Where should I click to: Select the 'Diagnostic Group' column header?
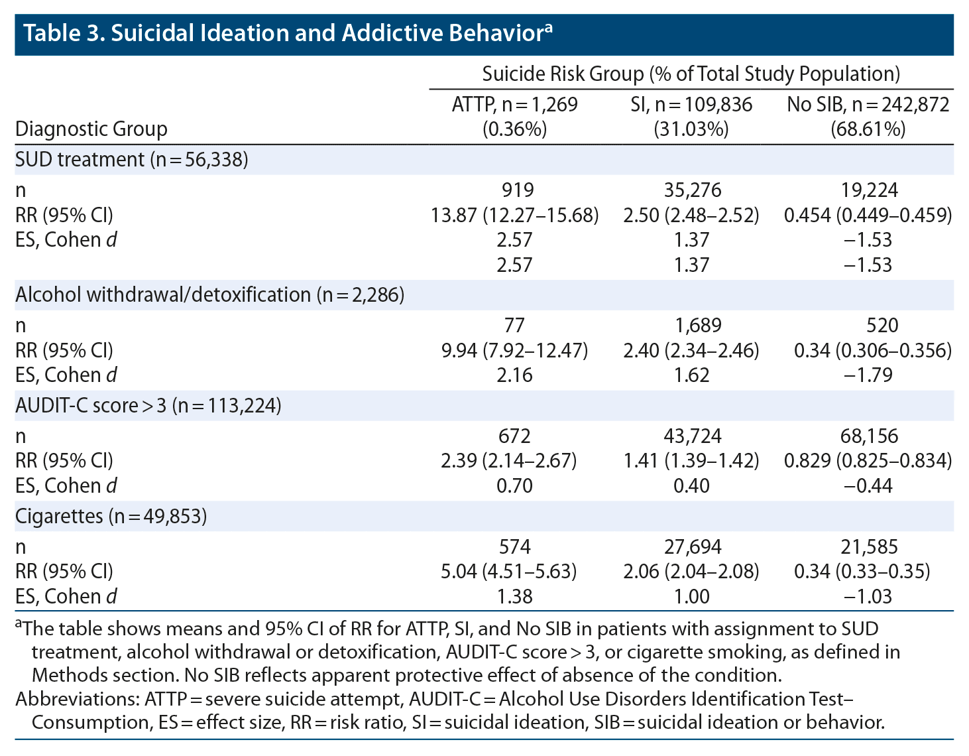[x=91, y=128]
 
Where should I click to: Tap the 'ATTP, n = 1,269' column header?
[x=514, y=104]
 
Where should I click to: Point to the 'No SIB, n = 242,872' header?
[x=868, y=104]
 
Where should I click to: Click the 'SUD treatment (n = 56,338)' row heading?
[x=132, y=160]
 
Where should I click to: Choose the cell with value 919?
[x=514, y=190]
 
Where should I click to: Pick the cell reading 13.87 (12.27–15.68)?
[x=514, y=215]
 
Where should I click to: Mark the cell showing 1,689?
[x=691, y=325]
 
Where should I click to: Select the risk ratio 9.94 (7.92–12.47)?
[x=514, y=350]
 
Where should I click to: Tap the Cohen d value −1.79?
[x=868, y=375]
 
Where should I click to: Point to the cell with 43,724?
[x=691, y=436]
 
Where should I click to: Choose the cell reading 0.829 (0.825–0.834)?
[x=868, y=460]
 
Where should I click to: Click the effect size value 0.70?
[x=514, y=485]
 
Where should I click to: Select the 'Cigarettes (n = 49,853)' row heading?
[x=111, y=516]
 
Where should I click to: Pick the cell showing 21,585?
[x=868, y=546]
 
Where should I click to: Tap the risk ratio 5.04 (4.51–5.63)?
[x=514, y=571]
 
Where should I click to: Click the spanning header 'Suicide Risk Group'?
[x=563, y=74]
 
